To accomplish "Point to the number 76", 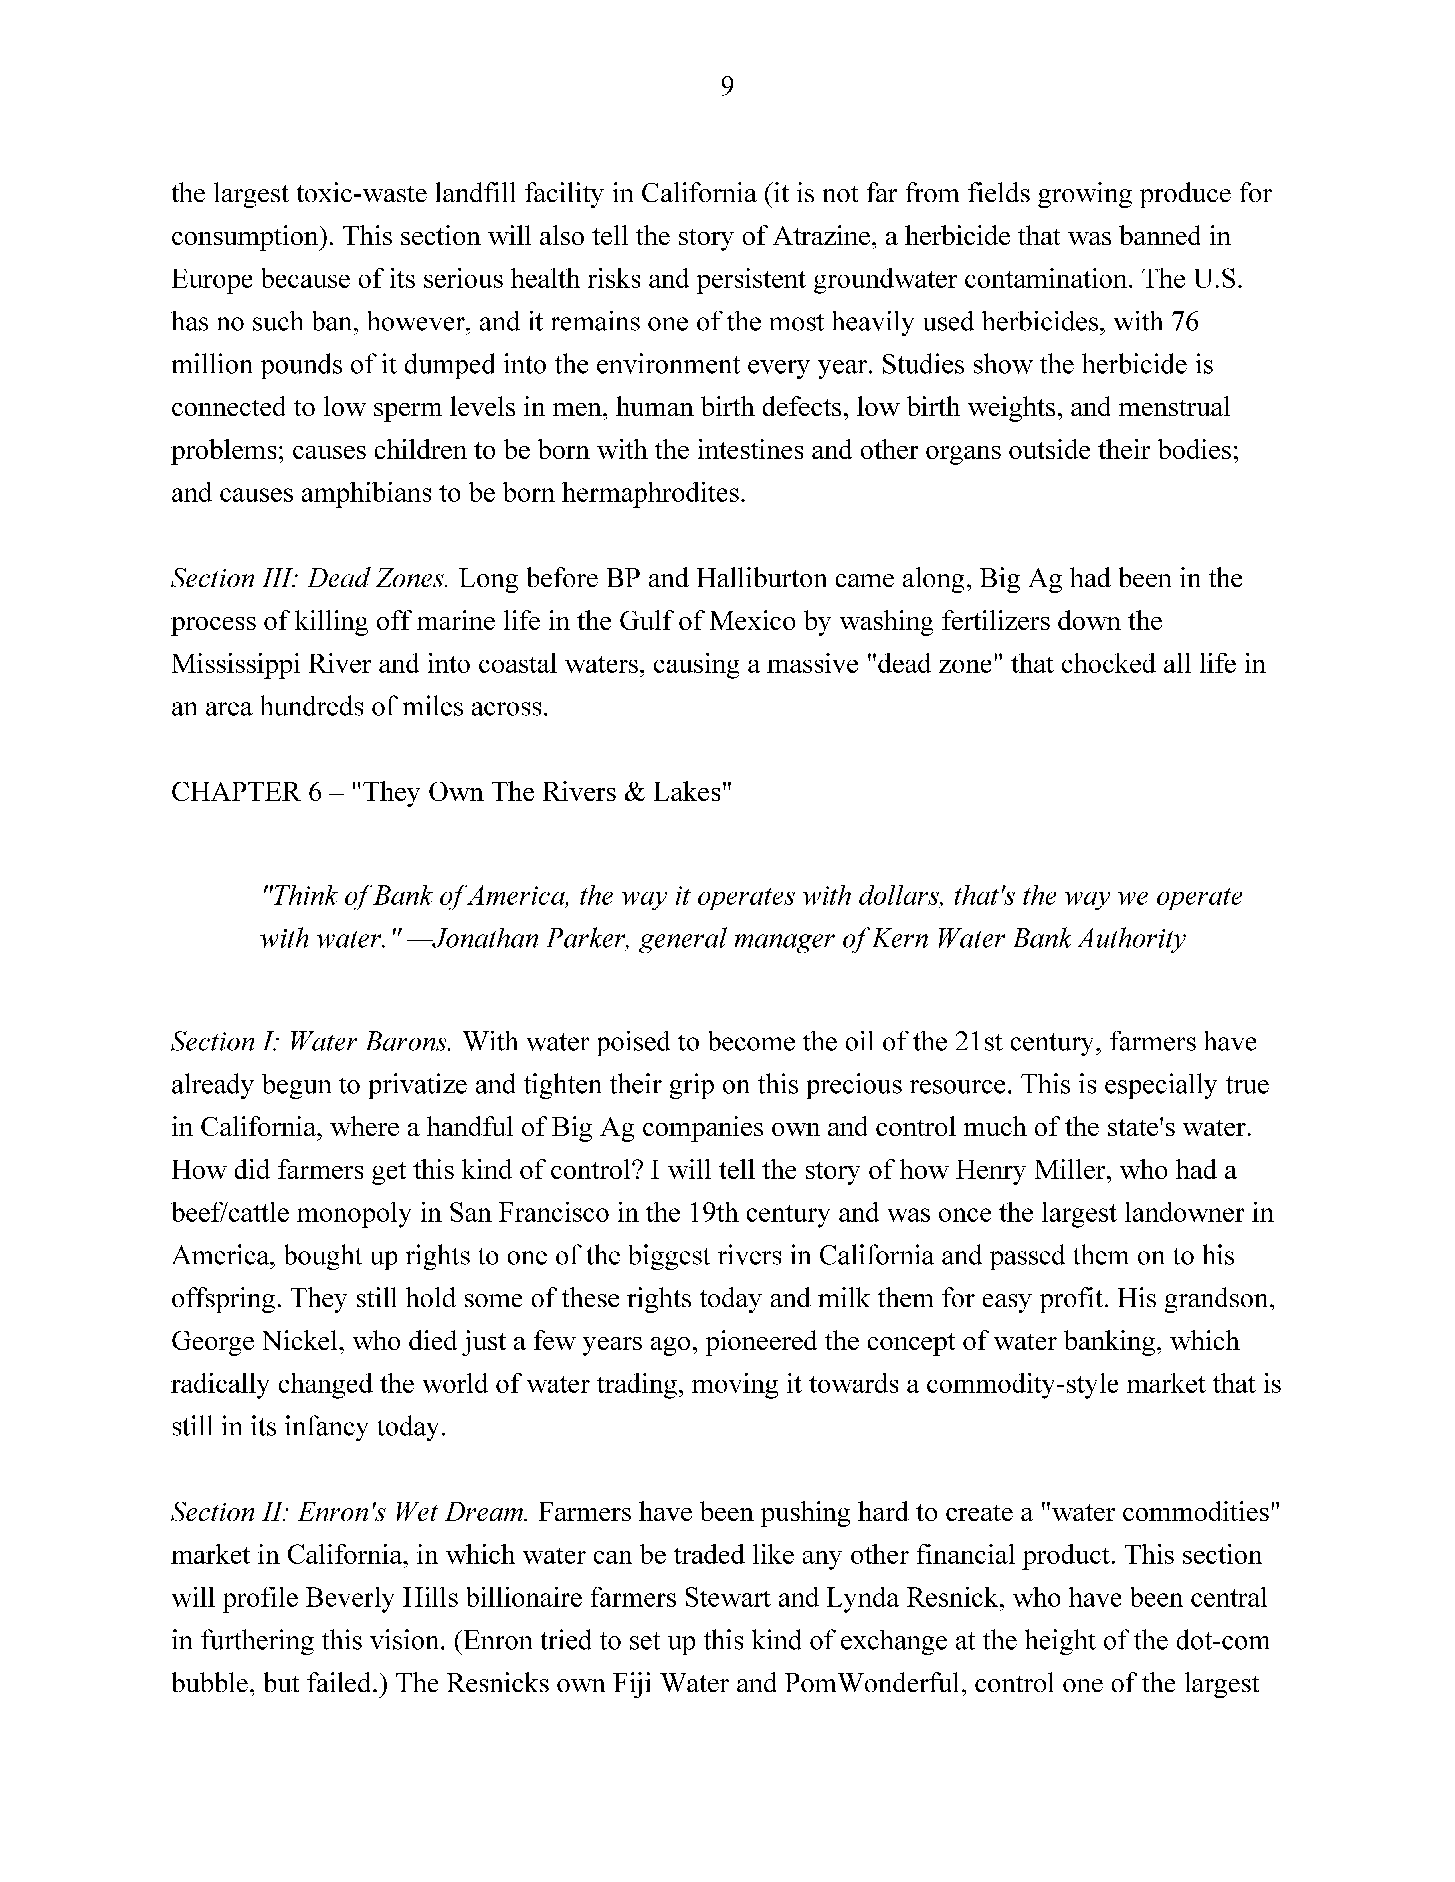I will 1184,322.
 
